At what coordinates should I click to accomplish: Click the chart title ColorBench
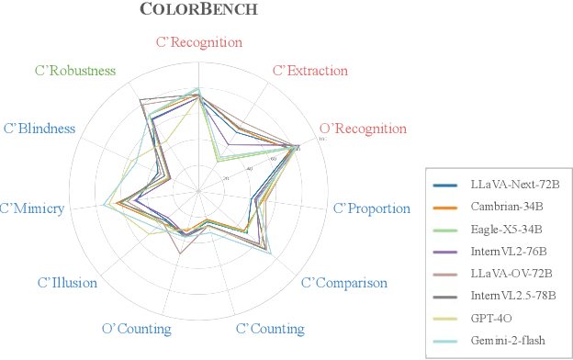[198, 10]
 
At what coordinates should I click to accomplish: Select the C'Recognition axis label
[199, 42]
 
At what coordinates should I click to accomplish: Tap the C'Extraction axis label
[311, 71]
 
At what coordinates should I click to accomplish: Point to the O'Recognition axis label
[362, 128]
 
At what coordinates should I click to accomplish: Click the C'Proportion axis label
[371, 208]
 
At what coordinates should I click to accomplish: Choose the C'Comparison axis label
[344, 283]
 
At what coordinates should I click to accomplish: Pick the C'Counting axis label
[270, 329]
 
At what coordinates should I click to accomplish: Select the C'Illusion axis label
[67, 283]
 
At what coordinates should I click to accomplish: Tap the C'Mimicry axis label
[32, 208]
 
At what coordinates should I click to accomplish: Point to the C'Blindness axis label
[39, 128]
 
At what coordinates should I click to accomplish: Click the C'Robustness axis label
[75, 71]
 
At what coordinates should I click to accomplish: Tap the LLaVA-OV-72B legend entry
[500, 274]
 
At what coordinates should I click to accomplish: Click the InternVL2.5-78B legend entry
[504, 296]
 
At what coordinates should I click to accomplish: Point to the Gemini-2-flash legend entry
[500, 340]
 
